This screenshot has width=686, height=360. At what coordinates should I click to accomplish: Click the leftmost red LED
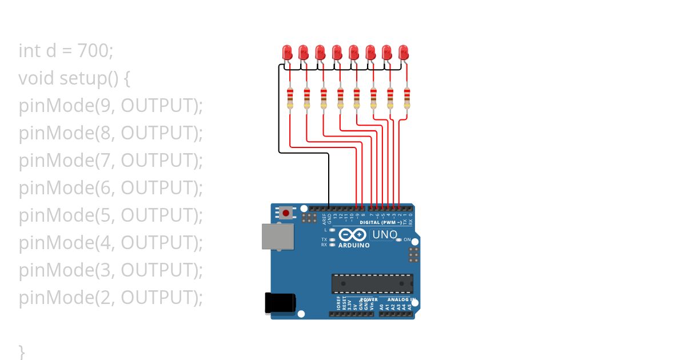point(287,53)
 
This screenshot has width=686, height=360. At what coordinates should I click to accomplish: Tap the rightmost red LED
point(404,53)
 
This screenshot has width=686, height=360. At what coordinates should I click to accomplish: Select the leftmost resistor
point(290,98)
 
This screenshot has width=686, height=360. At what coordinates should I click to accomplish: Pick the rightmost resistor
point(407,98)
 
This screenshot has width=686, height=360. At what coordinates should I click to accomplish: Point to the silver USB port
point(277,236)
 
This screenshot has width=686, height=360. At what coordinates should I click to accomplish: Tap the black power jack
point(280,302)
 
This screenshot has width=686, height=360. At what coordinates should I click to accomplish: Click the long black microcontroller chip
point(372,283)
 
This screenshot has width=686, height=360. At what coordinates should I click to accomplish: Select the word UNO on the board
point(385,234)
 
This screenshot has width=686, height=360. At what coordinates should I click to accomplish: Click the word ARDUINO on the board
point(354,245)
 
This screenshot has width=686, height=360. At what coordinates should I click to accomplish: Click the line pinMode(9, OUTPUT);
point(111,106)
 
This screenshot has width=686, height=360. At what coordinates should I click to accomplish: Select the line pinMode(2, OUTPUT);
point(111,298)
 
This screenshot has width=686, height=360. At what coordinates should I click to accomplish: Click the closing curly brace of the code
point(22,351)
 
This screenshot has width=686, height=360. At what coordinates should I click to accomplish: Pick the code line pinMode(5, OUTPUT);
point(111,215)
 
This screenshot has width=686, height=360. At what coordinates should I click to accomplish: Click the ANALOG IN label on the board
point(400,299)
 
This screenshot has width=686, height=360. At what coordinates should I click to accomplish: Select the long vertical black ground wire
point(329,180)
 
